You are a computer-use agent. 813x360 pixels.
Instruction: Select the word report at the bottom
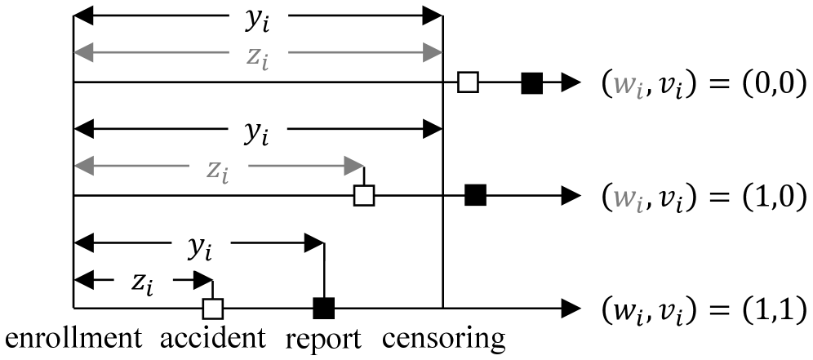click(323, 339)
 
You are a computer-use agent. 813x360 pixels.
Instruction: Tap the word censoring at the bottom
click(443, 339)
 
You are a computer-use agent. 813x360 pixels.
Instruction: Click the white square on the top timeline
click(467, 82)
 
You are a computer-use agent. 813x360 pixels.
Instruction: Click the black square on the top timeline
click(532, 82)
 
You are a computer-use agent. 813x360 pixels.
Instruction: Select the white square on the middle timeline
click(363, 195)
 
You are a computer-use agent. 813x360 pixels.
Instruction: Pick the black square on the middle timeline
click(475, 195)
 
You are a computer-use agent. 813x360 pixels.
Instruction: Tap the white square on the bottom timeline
click(212, 309)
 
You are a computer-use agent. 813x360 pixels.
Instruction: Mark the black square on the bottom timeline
click(324, 309)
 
